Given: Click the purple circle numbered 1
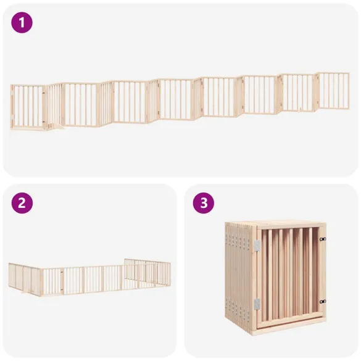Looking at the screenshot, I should (x=22, y=23).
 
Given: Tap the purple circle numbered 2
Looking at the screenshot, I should (x=22, y=203).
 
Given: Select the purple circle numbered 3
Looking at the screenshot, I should (x=203, y=203).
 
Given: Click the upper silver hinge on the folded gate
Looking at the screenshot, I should (x=257, y=246).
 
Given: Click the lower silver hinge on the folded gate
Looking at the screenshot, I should (x=257, y=304).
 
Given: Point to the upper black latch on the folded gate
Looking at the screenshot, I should (x=322, y=239).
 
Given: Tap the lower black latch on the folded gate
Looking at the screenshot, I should (x=322, y=301).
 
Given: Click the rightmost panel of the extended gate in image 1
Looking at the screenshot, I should (x=333, y=91).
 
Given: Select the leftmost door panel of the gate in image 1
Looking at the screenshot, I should (x=28, y=107).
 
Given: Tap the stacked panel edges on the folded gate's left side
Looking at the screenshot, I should (x=238, y=275).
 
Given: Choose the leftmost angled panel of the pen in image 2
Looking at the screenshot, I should (x=25, y=279).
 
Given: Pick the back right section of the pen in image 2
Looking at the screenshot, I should (x=148, y=272).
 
